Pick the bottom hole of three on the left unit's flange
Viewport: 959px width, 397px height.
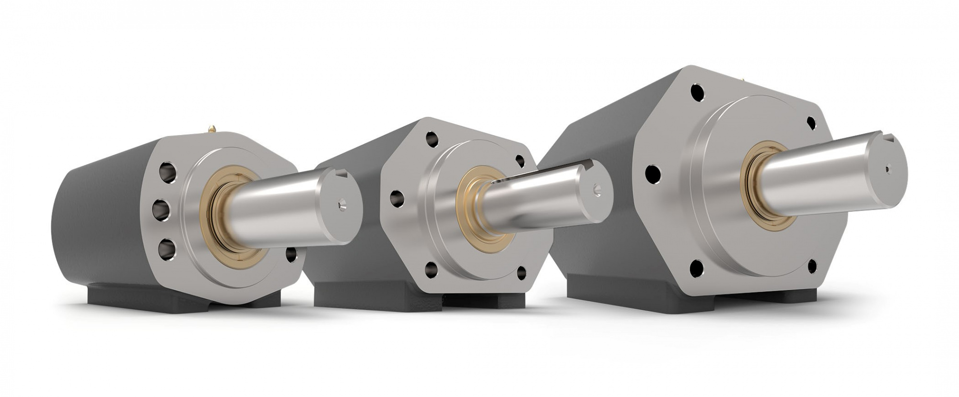[x=167, y=249]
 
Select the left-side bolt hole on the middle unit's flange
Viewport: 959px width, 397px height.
[x=396, y=198]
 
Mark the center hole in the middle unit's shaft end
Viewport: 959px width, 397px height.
[x=596, y=189]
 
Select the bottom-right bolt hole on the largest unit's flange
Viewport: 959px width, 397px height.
[x=812, y=266]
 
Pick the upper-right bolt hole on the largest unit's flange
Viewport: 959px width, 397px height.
[x=811, y=123]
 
